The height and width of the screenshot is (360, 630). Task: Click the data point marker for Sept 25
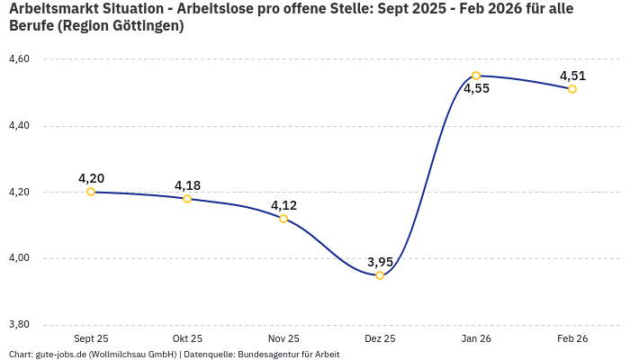[91, 192]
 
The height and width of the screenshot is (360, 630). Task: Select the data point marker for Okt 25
[187, 199]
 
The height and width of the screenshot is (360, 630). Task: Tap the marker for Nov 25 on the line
[283, 219]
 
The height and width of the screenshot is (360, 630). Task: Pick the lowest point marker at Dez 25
[380, 275]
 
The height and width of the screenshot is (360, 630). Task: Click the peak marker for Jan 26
[476, 76]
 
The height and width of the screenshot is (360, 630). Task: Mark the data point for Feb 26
[572, 89]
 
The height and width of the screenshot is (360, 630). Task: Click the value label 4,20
[91, 178]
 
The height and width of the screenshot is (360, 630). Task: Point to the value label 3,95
[380, 262]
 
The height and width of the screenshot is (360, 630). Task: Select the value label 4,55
[476, 89]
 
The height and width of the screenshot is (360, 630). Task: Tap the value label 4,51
[572, 76]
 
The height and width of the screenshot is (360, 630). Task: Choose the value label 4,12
[283, 205]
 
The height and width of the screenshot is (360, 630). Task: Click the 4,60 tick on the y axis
[19, 59]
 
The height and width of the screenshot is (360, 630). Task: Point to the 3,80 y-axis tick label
[19, 325]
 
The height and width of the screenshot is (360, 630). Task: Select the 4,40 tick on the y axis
[19, 126]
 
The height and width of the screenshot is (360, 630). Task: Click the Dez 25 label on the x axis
[380, 338]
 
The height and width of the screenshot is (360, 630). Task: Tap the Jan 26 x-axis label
[476, 338]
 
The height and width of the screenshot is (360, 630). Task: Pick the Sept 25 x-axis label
[91, 338]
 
